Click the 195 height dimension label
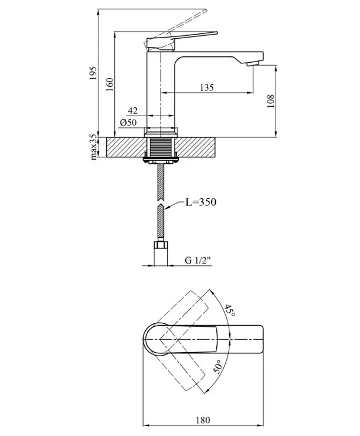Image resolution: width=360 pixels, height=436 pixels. (93, 73)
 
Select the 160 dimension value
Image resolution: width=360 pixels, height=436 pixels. (110, 85)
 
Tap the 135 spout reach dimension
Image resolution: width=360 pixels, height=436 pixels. (206, 87)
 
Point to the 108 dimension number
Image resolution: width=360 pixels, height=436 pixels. (270, 101)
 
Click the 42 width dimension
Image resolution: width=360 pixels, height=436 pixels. (133, 111)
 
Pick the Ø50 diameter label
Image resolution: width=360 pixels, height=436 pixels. (128, 122)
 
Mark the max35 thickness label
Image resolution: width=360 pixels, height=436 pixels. (94, 147)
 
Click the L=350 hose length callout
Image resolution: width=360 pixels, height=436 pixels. (201, 202)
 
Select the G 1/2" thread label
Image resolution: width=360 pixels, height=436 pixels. (198, 261)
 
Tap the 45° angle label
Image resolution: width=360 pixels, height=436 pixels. (230, 310)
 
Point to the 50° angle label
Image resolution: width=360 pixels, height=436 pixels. (218, 366)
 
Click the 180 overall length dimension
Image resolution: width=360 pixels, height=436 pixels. (203, 420)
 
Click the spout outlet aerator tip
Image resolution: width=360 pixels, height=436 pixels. (253, 64)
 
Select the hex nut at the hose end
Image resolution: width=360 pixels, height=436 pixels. (161, 245)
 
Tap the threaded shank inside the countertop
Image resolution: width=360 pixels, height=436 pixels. (161, 147)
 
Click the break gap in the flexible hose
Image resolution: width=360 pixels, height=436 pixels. (161, 202)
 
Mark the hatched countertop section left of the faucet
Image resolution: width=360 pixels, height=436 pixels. (125, 147)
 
